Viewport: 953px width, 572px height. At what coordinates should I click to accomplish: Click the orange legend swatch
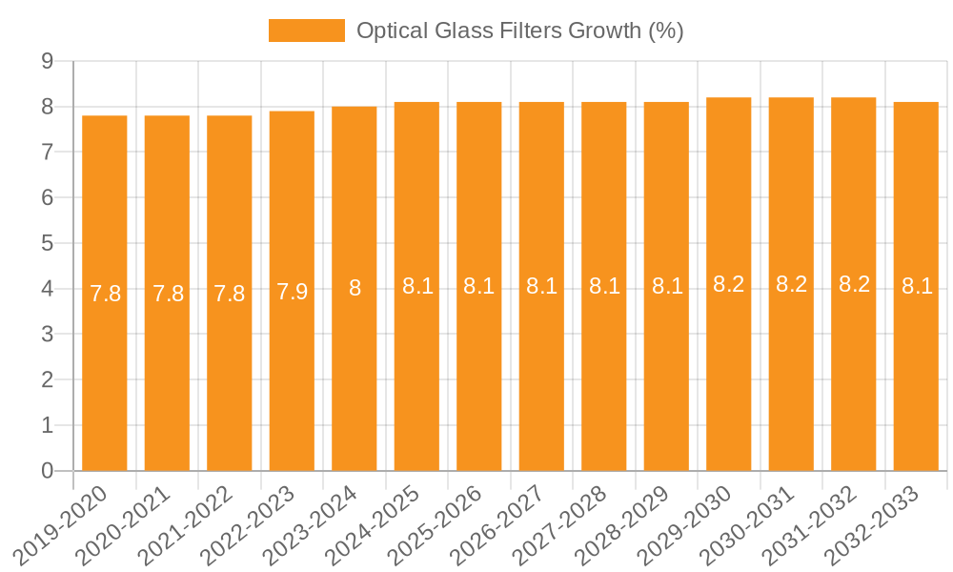(x=306, y=31)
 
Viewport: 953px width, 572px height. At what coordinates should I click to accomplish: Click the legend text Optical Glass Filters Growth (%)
(x=519, y=31)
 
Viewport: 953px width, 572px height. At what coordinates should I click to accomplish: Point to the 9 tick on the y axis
(x=47, y=61)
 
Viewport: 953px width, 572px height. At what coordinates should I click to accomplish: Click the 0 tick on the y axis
(x=47, y=471)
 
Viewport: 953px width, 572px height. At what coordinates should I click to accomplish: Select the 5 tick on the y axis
(x=47, y=243)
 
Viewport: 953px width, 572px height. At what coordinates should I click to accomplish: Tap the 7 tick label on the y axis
(x=47, y=152)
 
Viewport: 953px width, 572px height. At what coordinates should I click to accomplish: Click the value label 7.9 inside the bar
(x=292, y=292)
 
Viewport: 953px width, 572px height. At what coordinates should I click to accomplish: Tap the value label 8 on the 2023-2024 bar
(x=355, y=288)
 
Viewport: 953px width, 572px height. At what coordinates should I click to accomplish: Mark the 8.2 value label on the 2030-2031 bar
(x=791, y=283)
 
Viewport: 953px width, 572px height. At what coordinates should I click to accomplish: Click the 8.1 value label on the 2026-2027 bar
(x=541, y=286)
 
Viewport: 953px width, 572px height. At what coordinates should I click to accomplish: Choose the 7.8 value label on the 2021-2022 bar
(x=230, y=294)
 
